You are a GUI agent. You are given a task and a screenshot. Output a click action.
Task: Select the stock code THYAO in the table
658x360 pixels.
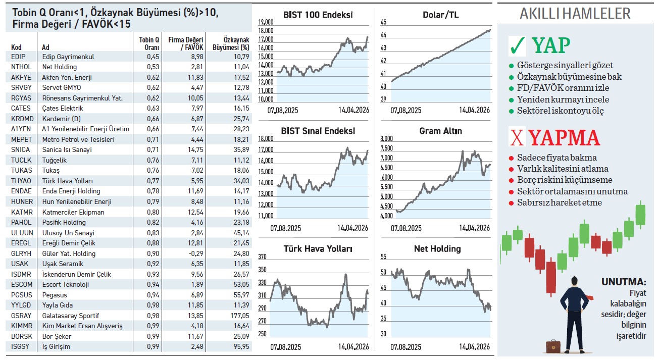21,181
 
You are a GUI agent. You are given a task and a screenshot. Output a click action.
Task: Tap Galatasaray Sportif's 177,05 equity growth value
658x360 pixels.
239,316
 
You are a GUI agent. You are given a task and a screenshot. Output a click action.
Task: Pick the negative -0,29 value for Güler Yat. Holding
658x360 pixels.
196,253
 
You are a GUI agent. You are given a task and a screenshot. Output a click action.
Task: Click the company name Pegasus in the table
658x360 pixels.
55,295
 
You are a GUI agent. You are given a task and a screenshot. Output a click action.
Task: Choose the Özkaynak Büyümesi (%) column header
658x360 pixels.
236,43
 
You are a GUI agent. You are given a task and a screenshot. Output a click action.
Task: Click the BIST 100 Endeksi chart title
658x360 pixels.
318,15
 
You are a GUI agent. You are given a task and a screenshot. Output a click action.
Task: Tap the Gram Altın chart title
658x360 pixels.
440,131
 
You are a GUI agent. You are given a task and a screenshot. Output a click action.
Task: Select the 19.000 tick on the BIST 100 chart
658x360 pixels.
265,22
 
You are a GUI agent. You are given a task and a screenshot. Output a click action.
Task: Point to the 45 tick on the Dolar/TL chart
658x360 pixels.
383,22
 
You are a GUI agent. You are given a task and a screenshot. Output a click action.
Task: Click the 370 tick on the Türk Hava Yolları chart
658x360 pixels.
262,257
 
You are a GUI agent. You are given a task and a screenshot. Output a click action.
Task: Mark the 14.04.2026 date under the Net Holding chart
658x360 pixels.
474,347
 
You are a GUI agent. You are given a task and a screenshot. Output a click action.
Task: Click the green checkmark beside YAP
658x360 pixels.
518,46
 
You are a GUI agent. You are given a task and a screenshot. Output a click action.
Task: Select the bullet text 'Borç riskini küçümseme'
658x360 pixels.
565,180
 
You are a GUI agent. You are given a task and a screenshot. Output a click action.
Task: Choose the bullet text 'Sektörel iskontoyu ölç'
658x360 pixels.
560,111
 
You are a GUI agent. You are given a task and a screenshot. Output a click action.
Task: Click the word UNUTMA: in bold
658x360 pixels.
623,282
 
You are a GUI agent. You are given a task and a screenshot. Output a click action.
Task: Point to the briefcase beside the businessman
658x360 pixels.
553,346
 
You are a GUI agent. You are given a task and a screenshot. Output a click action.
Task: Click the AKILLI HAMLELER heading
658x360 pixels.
575,13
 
